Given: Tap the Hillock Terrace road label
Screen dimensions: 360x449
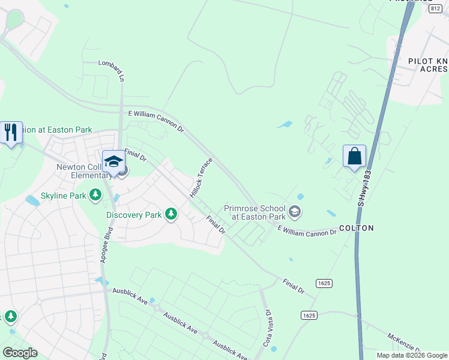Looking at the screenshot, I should [201, 178].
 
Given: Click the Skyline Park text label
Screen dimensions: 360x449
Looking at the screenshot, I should [64, 196].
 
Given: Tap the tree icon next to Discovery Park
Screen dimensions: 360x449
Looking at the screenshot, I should [171, 214].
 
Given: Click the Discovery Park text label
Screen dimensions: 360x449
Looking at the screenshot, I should [134, 215].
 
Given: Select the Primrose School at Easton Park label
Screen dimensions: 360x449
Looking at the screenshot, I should [255, 212].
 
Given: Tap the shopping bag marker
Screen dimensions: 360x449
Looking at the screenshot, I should [355, 156].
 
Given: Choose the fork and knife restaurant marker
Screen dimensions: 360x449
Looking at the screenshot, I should [11, 132].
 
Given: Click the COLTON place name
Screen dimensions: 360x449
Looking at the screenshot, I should [357, 229].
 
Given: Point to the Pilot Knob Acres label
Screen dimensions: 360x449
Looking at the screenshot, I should [427, 65].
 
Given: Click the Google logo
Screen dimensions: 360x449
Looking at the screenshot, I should [20, 353].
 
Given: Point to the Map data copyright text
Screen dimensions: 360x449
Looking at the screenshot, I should [412, 355].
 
